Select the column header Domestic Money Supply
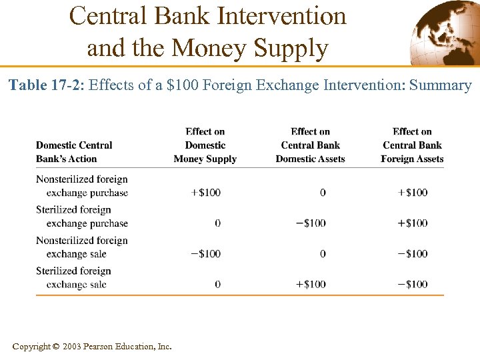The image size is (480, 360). pyautogui.click(x=205, y=145)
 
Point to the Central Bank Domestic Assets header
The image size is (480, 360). pyautogui.click(x=310, y=145)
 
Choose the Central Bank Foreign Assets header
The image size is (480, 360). pyautogui.click(x=412, y=145)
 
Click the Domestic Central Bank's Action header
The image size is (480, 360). pyautogui.click(x=74, y=152)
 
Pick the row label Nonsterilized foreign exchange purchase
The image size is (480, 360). pyautogui.click(x=82, y=186)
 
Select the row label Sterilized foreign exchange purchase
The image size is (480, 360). pyautogui.click(x=82, y=217)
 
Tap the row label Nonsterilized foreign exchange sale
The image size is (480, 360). pyautogui.click(x=82, y=247)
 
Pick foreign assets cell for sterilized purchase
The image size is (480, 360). pyautogui.click(x=412, y=223)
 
